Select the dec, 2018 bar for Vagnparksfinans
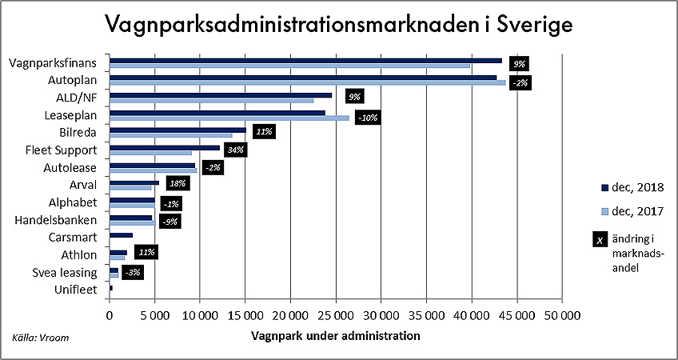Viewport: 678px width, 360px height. point(305,60)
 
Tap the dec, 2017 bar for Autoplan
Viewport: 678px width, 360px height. point(307,82)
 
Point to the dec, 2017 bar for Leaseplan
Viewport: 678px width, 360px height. point(229,118)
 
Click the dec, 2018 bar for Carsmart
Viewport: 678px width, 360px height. point(121,235)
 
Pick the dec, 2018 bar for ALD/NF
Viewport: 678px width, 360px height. point(221,94)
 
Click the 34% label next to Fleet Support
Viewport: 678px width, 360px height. point(235,150)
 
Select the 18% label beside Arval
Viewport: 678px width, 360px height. point(177,184)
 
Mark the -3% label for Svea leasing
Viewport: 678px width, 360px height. point(134,273)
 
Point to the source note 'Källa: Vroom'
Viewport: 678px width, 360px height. point(40,338)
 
